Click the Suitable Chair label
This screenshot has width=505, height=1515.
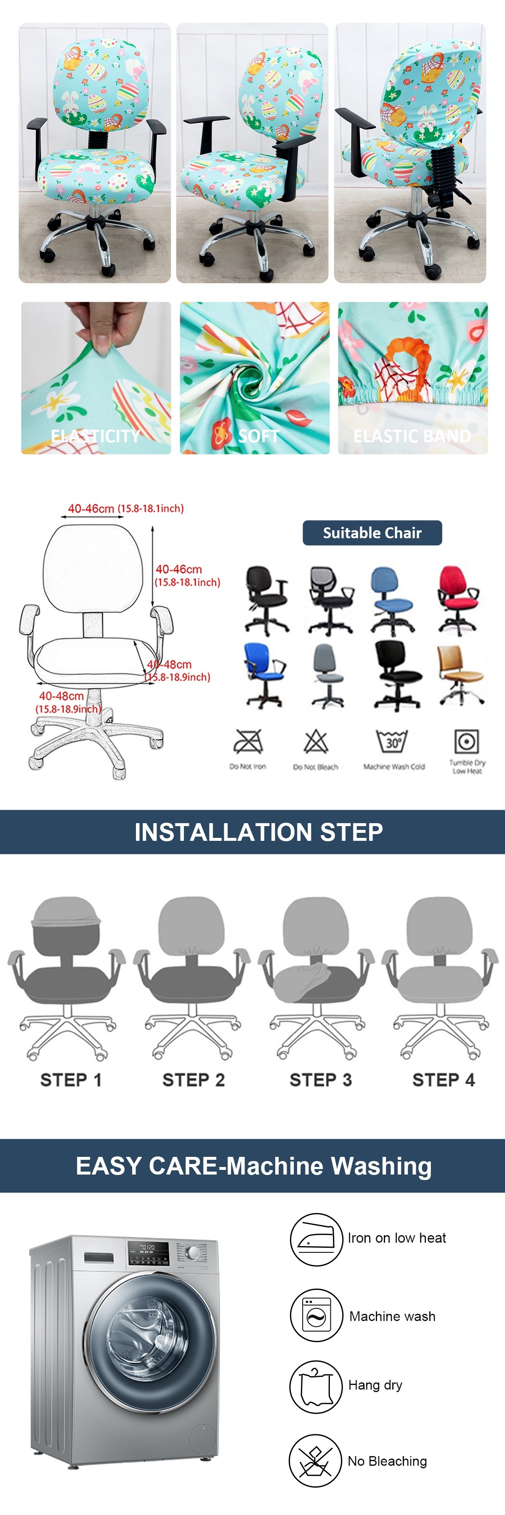click(x=372, y=533)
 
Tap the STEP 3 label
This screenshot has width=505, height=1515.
click(x=320, y=1080)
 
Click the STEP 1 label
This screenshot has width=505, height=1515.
click(x=71, y=1080)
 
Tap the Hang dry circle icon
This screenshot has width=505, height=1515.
click(x=316, y=1386)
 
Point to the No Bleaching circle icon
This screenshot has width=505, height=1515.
click(x=315, y=1460)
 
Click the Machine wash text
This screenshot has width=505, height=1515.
click(x=392, y=1316)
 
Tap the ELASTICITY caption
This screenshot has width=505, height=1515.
click(x=96, y=436)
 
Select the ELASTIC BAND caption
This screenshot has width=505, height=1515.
click(x=412, y=436)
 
